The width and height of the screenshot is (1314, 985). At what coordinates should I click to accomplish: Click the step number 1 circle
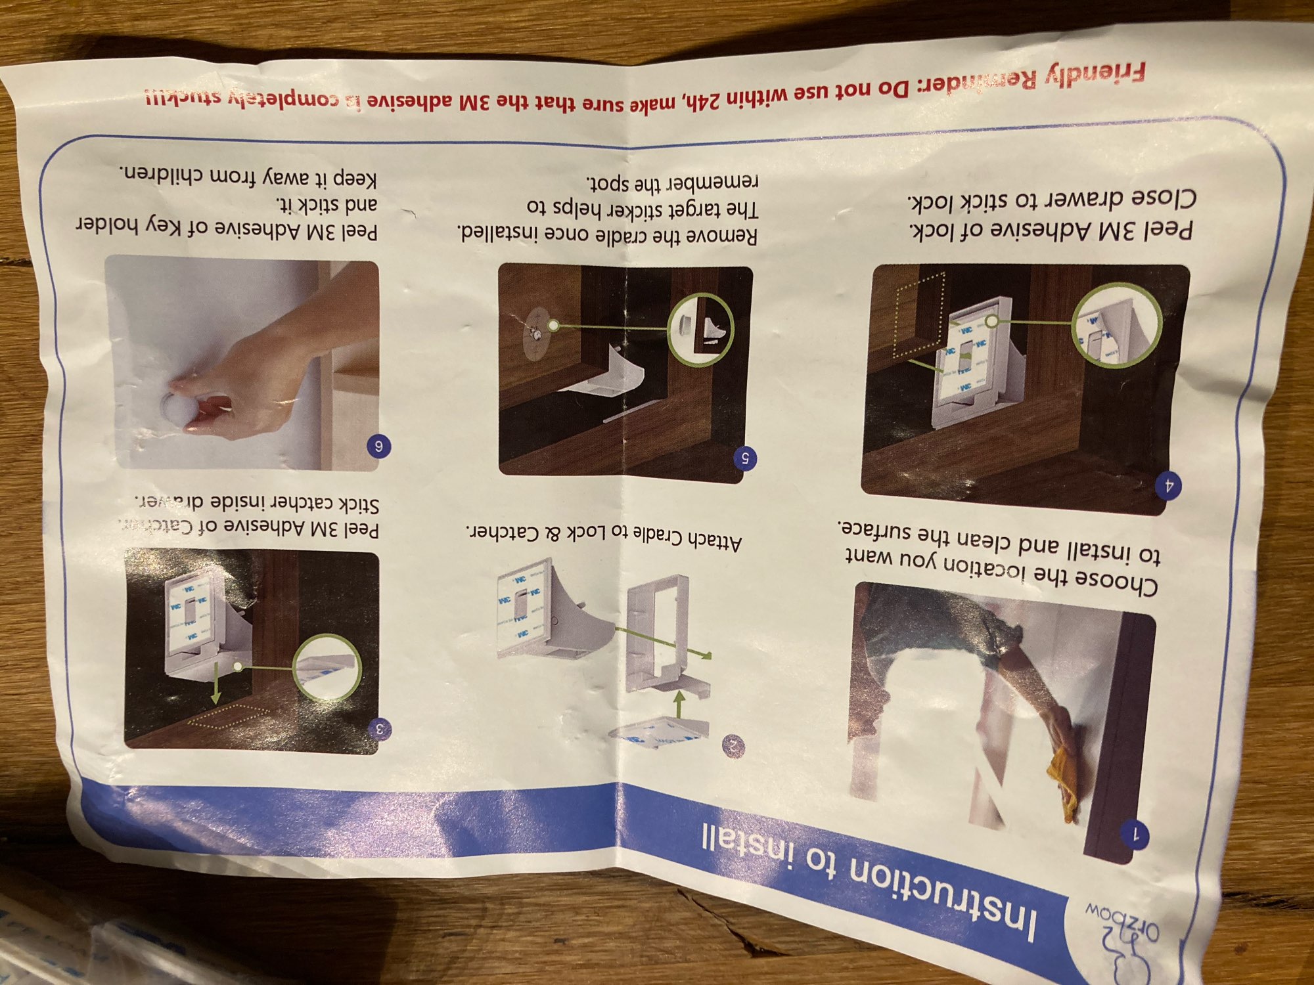point(1134,835)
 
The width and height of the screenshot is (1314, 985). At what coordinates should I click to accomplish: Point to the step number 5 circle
point(745,458)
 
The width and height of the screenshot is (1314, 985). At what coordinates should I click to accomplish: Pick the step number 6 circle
point(378,447)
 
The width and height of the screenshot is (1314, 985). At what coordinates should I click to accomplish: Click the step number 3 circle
point(380,728)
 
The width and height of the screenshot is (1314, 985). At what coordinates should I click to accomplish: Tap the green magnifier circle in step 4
point(1116,325)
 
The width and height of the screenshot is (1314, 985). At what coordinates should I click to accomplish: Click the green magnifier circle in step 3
point(327,666)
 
